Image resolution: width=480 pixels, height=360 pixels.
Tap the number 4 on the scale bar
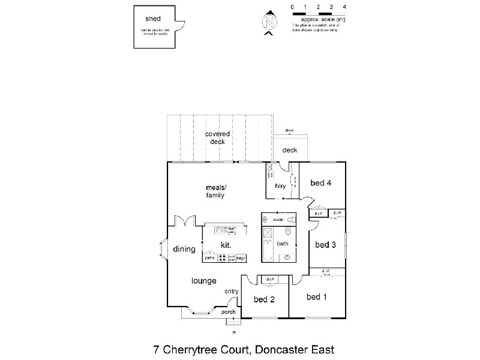[x=344, y=7]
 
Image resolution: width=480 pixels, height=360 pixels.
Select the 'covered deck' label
[x=217, y=137]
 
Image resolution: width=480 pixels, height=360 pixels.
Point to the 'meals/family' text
[x=215, y=191]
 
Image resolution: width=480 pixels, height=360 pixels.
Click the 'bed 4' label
[x=321, y=184]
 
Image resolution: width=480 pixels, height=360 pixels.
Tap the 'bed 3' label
[x=325, y=244]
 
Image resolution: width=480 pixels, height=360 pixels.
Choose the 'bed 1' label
[x=316, y=296]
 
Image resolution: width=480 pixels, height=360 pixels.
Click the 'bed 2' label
[x=263, y=299]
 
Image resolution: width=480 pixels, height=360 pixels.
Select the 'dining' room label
[x=184, y=249]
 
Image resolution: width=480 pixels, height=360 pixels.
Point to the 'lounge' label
[x=203, y=281]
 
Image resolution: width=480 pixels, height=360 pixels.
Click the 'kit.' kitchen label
[x=226, y=245]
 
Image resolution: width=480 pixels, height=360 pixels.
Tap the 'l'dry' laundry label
[x=280, y=187]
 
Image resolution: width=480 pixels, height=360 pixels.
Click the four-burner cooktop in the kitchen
[x=221, y=258]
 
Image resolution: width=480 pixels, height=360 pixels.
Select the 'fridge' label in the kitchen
[x=241, y=258]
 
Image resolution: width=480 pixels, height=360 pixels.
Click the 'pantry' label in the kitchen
[x=209, y=258]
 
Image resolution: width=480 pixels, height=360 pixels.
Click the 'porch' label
[x=228, y=312]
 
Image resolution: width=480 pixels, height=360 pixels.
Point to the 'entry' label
[x=232, y=292]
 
